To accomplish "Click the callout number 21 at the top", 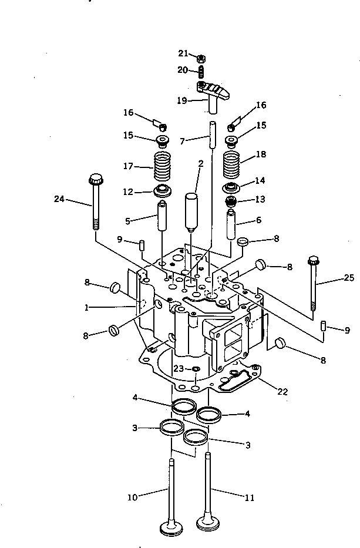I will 183,53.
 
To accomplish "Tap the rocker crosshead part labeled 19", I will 213,93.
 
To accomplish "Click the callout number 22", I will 282,391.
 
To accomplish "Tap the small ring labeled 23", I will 196,369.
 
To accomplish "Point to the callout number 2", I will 200,164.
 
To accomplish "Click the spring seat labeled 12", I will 162,191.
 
